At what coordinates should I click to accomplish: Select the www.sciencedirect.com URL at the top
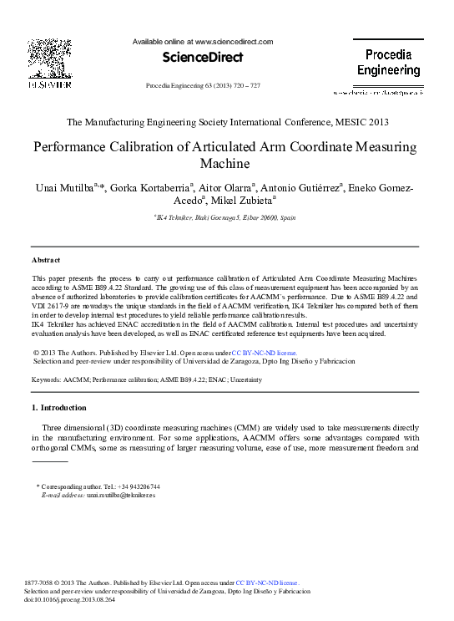234,41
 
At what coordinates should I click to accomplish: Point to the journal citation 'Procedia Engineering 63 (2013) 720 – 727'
203,85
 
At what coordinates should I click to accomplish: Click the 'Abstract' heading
45,260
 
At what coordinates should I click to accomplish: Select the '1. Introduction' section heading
58,408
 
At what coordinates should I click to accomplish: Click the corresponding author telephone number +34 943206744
134,486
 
